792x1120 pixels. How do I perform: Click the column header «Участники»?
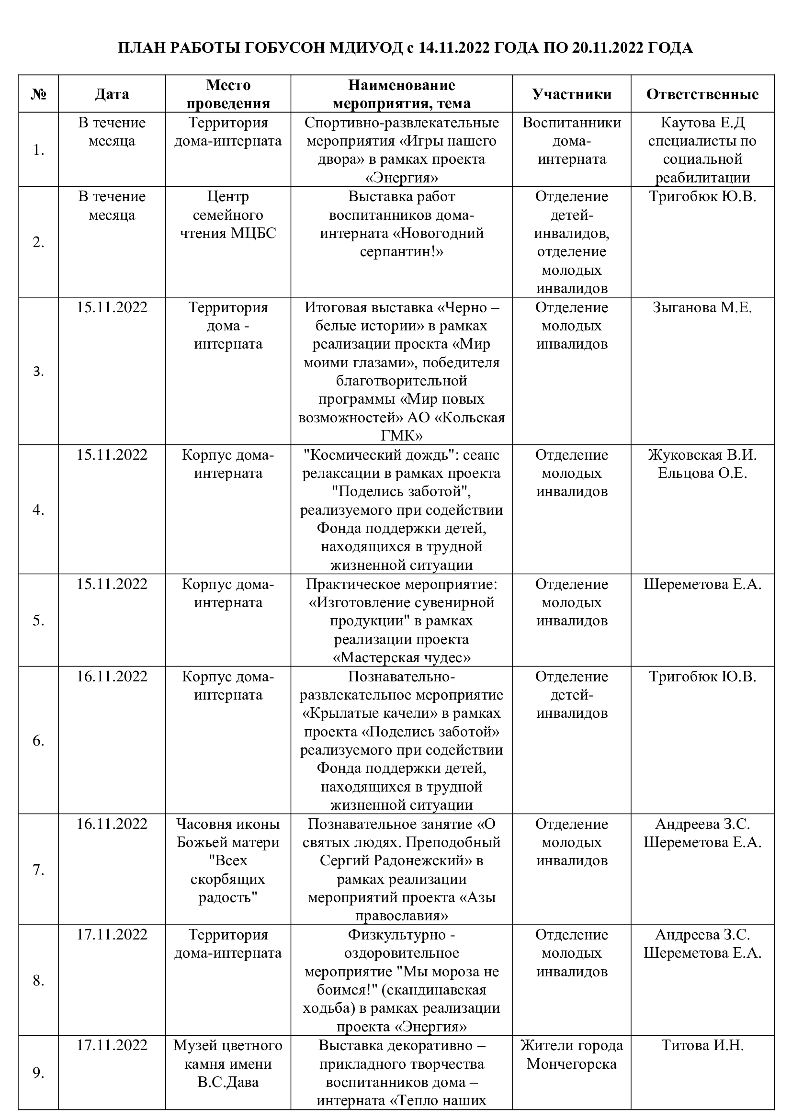point(572,94)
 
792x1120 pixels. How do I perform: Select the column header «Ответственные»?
point(702,94)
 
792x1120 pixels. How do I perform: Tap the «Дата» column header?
point(112,94)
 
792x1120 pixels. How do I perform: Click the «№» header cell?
point(38,94)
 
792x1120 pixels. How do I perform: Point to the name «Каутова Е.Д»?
point(702,123)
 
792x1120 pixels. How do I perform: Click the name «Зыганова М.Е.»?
point(702,308)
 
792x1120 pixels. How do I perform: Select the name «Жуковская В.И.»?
point(702,455)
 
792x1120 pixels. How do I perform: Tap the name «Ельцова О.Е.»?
point(702,473)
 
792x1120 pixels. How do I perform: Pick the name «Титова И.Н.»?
point(702,1045)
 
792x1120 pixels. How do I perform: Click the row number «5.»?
point(38,621)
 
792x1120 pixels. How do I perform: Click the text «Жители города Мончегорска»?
point(572,1054)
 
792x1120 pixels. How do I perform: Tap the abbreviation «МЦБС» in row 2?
point(253,233)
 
